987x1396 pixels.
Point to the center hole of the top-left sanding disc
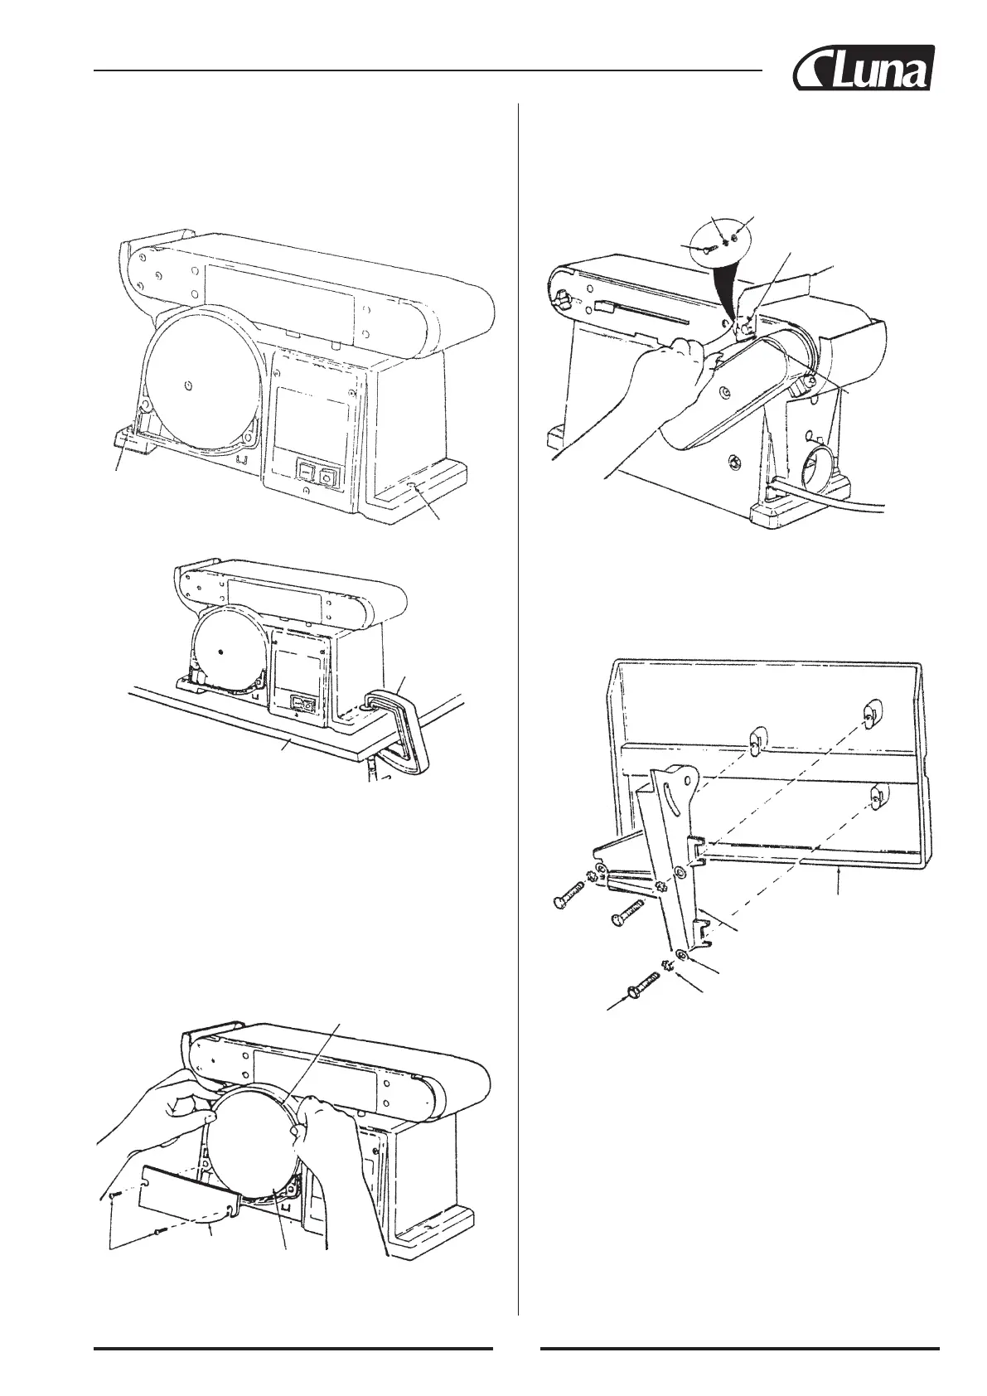pyautogui.click(x=190, y=384)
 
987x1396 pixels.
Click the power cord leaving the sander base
pyautogui.click(x=837, y=502)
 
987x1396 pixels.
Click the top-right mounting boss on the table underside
pyautogui.click(x=868, y=713)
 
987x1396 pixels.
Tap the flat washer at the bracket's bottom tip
pyautogui.click(x=680, y=955)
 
